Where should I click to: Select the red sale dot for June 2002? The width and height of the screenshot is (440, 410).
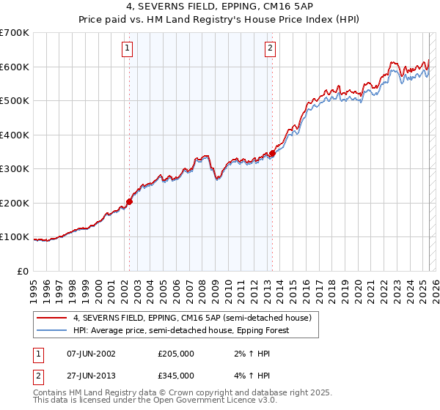(130, 201)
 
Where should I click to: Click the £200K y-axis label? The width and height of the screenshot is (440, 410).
(15, 203)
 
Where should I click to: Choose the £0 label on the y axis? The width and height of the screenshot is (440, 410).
(23, 271)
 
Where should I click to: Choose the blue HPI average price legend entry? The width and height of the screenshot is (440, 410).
(180, 330)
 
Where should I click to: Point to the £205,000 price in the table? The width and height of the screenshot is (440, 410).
(176, 354)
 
